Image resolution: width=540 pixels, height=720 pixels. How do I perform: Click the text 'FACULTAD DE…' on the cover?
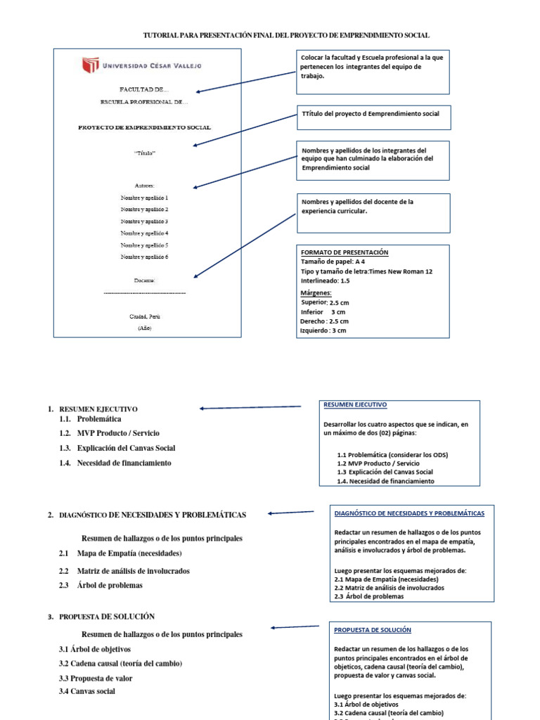tap(144, 90)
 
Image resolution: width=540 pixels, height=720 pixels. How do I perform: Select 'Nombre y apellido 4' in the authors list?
tap(144, 233)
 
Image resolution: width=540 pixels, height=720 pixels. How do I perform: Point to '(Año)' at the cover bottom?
tap(144, 328)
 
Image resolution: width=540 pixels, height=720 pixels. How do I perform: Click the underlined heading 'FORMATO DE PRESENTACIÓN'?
tap(345, 252)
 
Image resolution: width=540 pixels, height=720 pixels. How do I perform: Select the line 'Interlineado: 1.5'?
tap(325, 281)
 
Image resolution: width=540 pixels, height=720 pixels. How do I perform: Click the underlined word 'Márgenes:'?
tap(316, 292)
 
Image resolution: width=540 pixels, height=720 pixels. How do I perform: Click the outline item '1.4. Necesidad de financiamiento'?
tap(115, 463)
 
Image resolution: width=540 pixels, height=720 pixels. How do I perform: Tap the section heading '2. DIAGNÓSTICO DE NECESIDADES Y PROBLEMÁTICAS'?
tap(148, 515)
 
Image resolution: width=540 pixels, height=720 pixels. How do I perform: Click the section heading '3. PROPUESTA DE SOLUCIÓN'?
tap(102, 617)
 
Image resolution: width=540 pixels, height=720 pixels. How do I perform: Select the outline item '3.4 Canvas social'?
tap(87, 691)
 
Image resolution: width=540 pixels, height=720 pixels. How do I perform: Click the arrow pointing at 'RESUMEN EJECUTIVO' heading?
tap(250, 407)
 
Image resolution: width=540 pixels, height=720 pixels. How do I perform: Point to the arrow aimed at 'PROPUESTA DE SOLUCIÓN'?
tap(296, 626)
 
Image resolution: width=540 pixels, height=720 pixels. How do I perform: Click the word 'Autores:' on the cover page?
tap(144, 186)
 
